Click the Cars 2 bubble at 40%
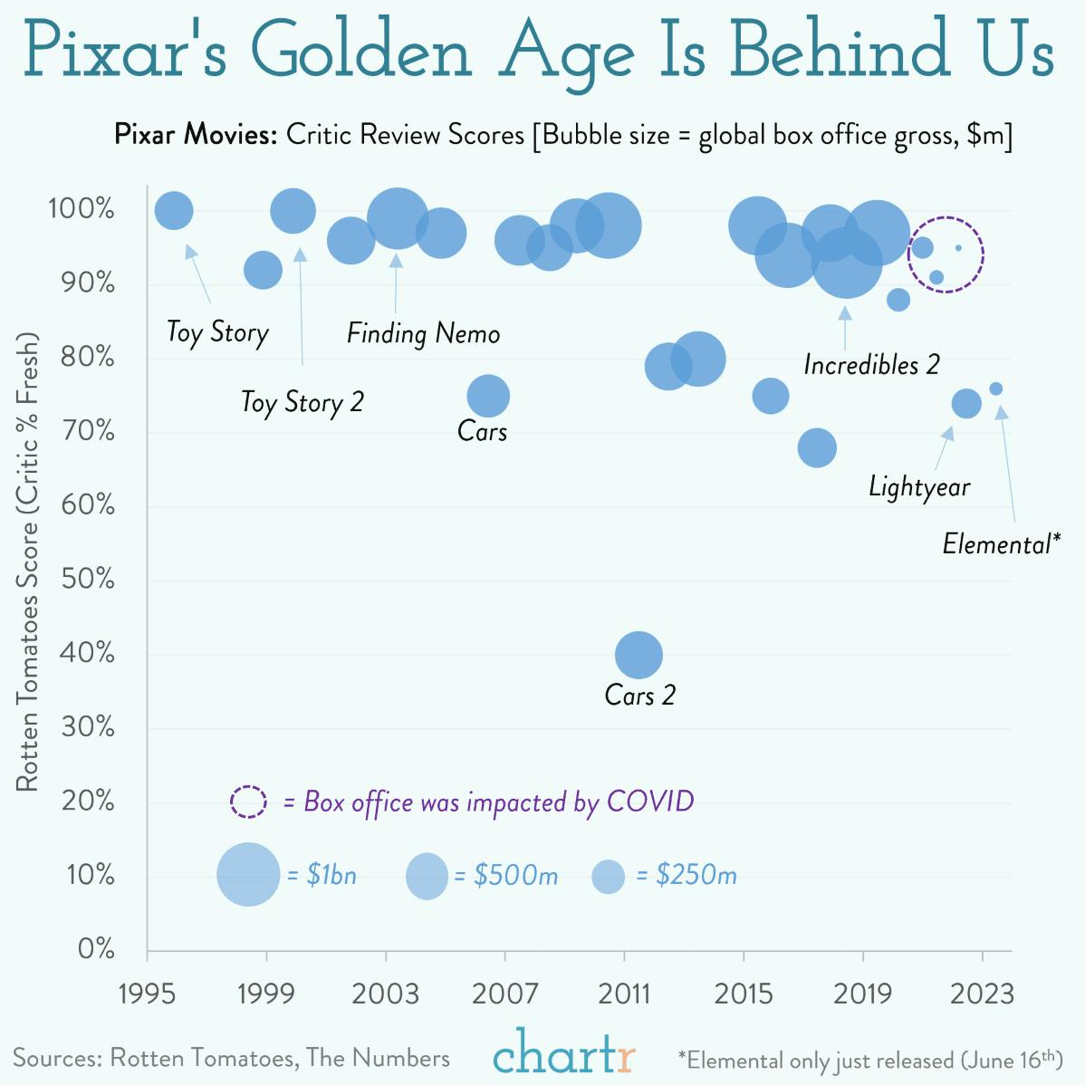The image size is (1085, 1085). [639, 655]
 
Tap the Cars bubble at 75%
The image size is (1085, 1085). [488, 396]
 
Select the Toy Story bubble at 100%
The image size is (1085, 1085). [174, 211]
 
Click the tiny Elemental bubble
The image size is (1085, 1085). [995, 389]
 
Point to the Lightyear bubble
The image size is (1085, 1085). [966, 403]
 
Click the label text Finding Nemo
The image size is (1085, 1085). [423, 333]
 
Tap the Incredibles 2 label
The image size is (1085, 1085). [871, 365]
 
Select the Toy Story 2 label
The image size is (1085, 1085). [302, 401]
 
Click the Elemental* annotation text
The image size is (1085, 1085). [1000, 543]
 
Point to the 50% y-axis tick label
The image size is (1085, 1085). [88, 579]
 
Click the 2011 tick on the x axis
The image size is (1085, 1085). [624, 994]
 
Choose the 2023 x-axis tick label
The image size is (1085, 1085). [982, 994]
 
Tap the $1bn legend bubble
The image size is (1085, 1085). [248, 875]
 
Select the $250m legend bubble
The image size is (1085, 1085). [608, 876]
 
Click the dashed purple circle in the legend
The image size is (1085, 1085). [248, 802]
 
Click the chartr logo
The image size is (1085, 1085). [563, 1053]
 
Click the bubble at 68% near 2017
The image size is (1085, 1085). [817, 447]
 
